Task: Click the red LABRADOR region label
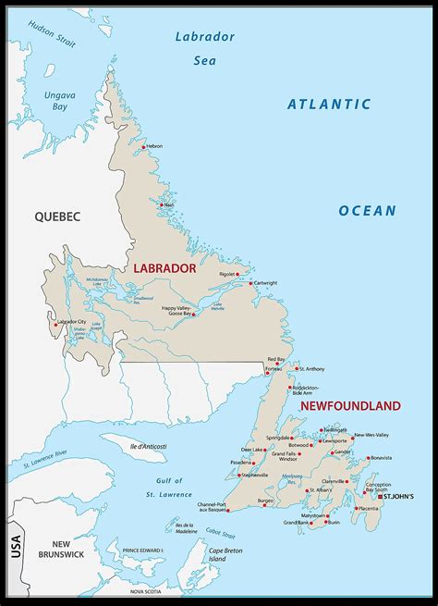tap(164, 268)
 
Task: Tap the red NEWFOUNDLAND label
tap(350, 406)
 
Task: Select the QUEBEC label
tap(58, 216)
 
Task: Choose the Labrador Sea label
tap(203, 47)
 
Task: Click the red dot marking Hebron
tap(143, 146)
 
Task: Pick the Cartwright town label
tap(265, 282)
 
